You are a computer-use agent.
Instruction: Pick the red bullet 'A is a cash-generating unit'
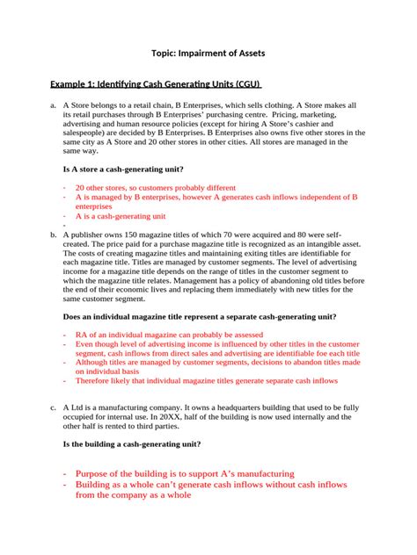pos(121,215)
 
